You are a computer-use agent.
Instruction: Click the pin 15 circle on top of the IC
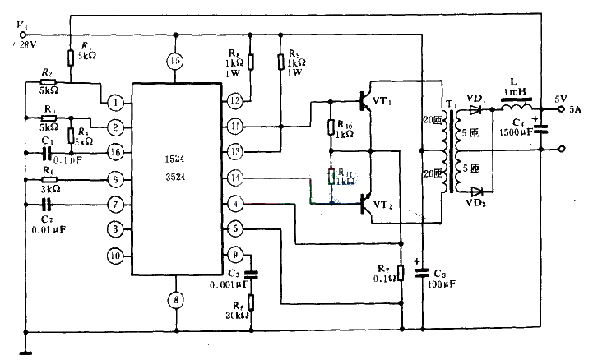(x=174, y=61)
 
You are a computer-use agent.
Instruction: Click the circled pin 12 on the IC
(x=235, y=100)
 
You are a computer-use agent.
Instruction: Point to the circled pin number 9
(x=235, y=254)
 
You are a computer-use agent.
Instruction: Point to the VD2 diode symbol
(x=474, y=190)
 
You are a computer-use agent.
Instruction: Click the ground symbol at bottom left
(x=25, y=353)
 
